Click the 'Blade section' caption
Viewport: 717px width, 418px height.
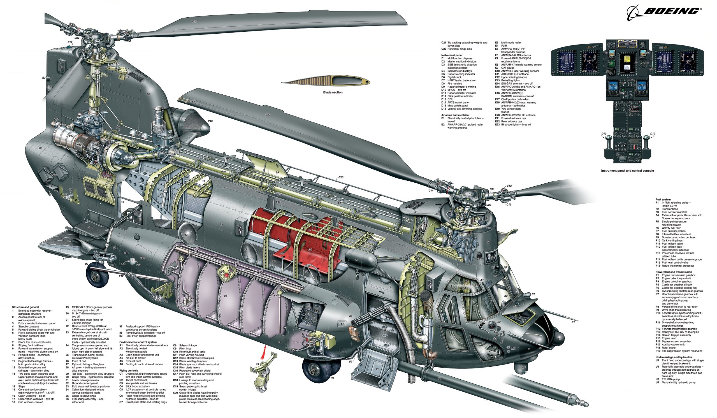333,92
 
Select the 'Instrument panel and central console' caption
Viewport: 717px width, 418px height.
627,171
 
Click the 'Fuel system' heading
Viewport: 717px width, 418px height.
663,199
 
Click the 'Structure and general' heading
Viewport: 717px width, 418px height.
25,307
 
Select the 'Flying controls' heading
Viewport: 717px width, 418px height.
129,370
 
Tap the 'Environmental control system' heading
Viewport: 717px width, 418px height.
138,342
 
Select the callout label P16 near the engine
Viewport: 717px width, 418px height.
210,121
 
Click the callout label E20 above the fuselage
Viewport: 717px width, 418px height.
341,177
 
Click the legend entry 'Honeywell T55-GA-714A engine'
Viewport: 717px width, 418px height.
680,332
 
